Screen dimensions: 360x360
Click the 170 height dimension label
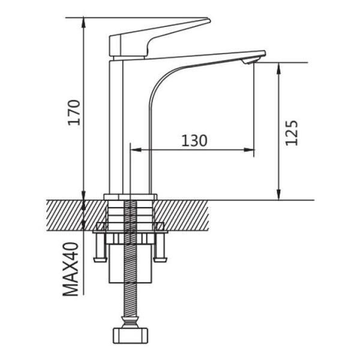pyautogui.click(x=74, y=113)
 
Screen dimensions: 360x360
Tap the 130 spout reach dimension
pyautogui.click(x=194, y=140)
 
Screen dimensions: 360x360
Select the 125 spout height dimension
pyautogui.click(x=292, y=133)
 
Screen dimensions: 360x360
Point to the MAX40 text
pyautogui.click(x=71, y=269)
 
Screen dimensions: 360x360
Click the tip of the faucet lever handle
pyautogui.click(x=209, y=20)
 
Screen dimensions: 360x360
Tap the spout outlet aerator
pyautogui.click(x=250, y=61)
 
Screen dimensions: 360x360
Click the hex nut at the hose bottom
pyautogui.click(x=130, y=336)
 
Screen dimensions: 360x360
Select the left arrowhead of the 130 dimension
pyautogui.click(x=136, y=149)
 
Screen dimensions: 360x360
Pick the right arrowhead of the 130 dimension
pyautogui.click(x=249, y=149)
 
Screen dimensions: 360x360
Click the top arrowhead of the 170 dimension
pyautogui.click(x=83, y=23)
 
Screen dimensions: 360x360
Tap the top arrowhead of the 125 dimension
pyautogui.click(x=278, y=68)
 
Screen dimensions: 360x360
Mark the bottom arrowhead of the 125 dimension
pyautogui.click(x=278, y=194)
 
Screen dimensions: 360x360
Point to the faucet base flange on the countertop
pyautogui.click(x=130, y=197)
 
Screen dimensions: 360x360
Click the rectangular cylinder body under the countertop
pyautogui.click(x=130, y=263)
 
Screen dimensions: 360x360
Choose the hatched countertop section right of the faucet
pyautogui.click(x=181, y=215)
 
